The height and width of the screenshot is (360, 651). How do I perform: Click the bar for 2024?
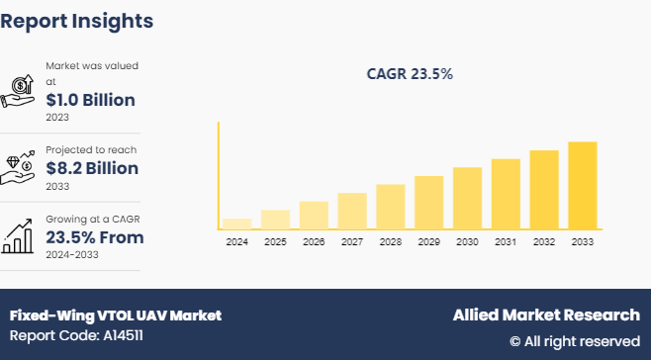[237, 224]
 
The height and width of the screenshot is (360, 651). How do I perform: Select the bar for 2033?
[583, 186]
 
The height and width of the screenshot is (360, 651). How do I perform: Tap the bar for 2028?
[391, 207]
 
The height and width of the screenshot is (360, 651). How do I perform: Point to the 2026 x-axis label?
[314, 242]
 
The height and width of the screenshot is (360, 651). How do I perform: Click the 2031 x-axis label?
[506, 242]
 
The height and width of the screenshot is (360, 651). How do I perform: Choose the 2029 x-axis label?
[428, 242]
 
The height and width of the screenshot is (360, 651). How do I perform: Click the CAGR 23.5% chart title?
[410, 74]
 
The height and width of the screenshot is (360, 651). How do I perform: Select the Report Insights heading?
[76, 20]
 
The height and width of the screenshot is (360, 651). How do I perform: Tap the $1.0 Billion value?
[90, 100]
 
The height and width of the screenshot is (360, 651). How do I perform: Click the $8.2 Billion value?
[92, 168]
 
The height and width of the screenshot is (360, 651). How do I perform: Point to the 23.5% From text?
[95, 237]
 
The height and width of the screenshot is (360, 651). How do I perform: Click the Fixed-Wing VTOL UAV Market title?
[116, 315]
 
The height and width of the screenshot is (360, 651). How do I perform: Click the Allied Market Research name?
[546, 315]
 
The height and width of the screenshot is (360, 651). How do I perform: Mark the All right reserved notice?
[575, 341]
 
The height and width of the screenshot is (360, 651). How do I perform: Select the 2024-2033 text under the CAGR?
[74, 254]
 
